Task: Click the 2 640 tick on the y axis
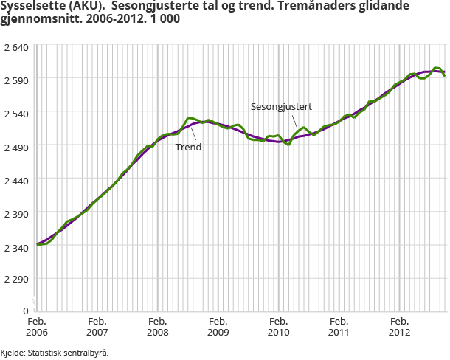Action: coord(15,47)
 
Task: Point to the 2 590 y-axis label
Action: coord(15,79)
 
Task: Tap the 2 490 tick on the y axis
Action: coord(15,148)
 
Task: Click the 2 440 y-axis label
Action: coord(15,180)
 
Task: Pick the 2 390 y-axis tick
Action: coord(15,213)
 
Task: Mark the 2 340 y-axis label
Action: coord(15,247)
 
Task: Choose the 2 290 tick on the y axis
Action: coord(15,280)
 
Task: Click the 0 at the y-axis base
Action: coord(25,311)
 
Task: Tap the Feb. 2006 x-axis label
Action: coord(37,327)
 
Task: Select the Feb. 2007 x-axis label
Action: coord(97,327)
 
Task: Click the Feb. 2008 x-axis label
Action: coord(158,327)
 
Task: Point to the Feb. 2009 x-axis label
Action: coord(218,327)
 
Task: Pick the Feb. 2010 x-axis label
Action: coord(279,327)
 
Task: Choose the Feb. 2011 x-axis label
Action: coord(339,327)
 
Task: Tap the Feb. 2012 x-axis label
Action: coord(400,327)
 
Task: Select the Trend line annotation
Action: coord(188,147)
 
